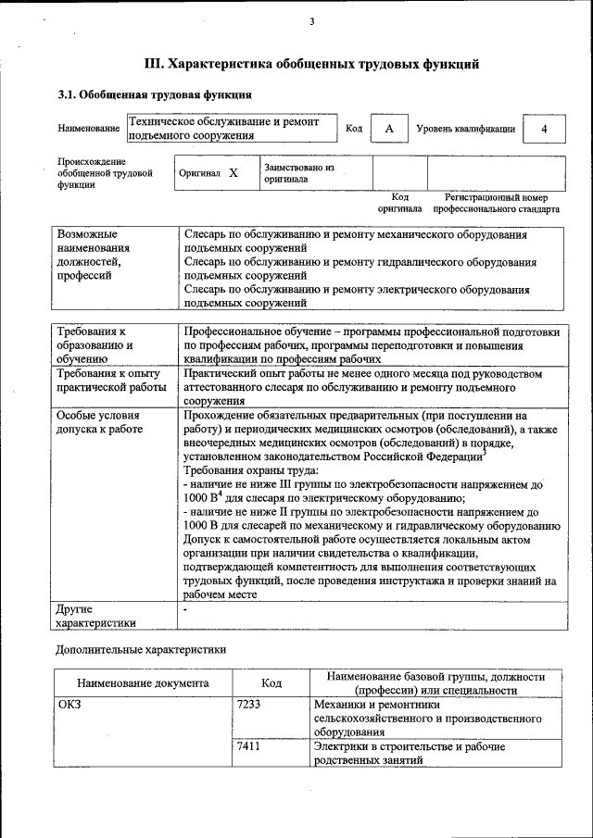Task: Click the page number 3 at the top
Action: point(312,22)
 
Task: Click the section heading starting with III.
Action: point(311,65)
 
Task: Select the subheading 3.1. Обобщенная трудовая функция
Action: point(154,94)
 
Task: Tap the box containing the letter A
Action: point(389,129)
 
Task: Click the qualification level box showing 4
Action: point(545,129)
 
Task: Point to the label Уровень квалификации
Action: point(465,129)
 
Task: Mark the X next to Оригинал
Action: point(233,173)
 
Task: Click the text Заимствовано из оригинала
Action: point(298,173)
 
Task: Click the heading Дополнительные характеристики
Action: point(141,649)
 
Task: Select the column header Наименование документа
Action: point(143,683)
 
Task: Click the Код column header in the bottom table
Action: point(271,683)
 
